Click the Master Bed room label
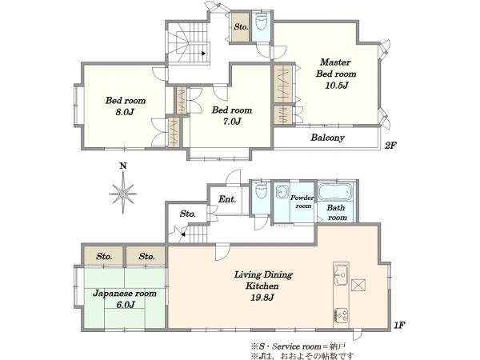coord(336,68)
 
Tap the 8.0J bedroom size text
coord(125,112)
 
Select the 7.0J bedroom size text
coord(232,122)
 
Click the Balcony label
coord(327,138)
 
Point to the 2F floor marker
coord(390,146)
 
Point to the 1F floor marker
coord(399,326)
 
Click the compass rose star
coord(122,193)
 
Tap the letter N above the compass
coord(122,166)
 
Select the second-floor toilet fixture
coord(261,22)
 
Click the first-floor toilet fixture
coord(261,190)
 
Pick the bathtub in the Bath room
coord(335,191)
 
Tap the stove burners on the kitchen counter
coord(341,315)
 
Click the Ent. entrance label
coord(227,199)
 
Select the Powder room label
coord(302,202)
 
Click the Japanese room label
coord(125,294)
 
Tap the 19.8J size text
coord(262,298)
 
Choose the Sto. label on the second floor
coord(241,27)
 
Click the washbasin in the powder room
coord(281,192)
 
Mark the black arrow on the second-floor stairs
coord(203,54)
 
